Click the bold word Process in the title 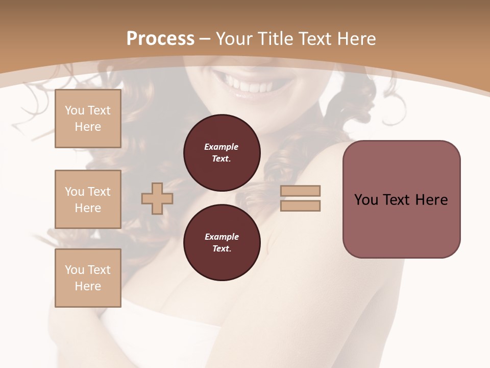[x=160, y=39]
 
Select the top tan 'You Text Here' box [x=88, y=119]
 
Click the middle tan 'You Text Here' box [x=88, y=199]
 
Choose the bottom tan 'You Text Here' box [x=88, y=278]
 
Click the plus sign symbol [x=157, y=198]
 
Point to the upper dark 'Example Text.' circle [x=222, y=152]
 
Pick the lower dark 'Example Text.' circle [x=222, y=243]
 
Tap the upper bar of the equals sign [x=300, y=191]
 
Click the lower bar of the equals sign [x=300, y=205]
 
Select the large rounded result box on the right [x=401, y=199]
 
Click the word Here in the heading [x=357, y=39]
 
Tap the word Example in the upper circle [x=222, y=147]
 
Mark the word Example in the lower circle [x=222, y=237]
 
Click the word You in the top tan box [x=75, y=110]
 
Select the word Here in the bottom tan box [x=88, y=286]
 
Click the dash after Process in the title [x=205, y=39]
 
